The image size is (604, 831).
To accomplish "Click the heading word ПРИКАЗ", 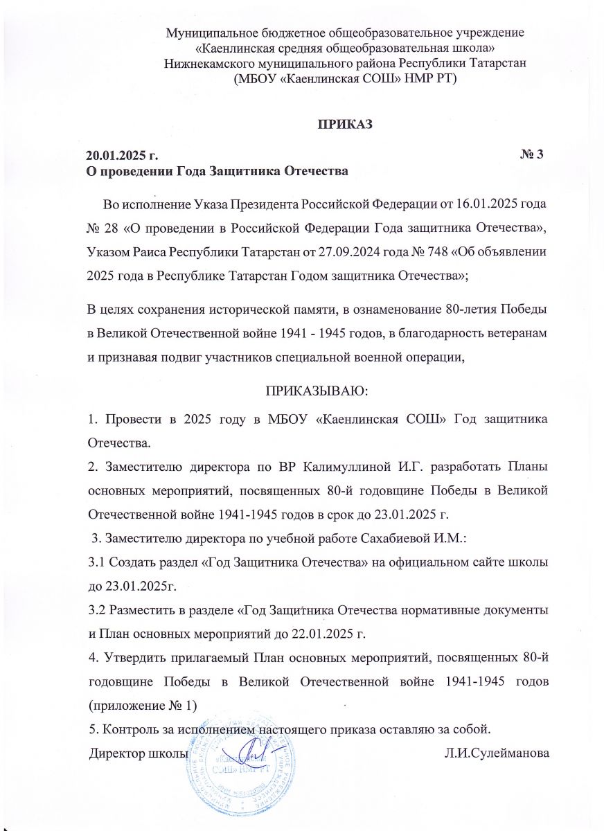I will point(345,125).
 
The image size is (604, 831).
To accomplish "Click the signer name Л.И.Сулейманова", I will point(497,753).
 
